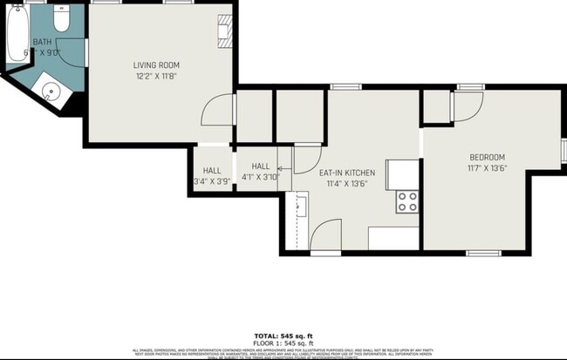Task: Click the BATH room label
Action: [x=43, y=42]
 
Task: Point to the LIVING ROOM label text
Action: [x=157, y=65]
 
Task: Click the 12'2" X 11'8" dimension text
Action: [x=157, y=77]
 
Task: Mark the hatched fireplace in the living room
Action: [x=225, y=30]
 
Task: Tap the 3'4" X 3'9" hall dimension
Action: [x=212, y=181]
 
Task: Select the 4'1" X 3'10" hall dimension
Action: [x=261, y=177]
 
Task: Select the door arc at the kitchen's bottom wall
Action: [x=325, y=235]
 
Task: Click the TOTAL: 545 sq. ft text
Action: [x=283, y=336]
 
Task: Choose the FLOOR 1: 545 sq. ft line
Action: [x=283, y=343]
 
